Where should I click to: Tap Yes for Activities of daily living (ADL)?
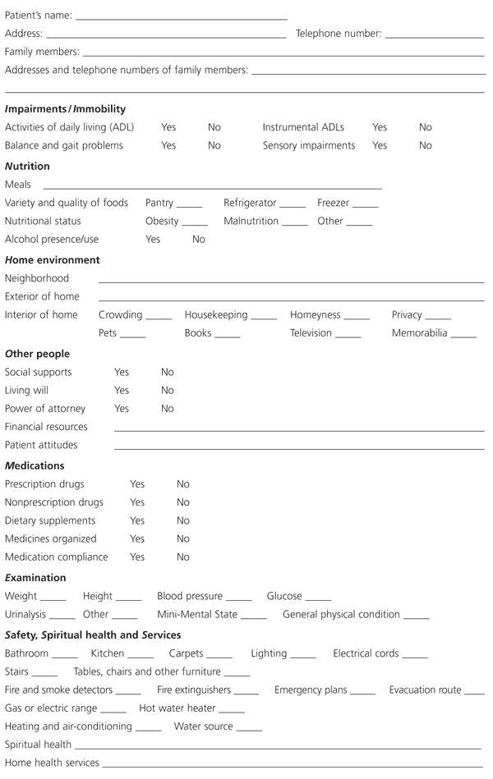tap(168, 128)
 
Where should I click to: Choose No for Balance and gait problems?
tap(214, 146)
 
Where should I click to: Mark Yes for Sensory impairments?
tap(380, 146)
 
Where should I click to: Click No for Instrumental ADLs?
tap(426, 128)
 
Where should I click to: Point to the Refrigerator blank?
tap(292, 205)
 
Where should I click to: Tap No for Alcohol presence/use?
tap(199, 240)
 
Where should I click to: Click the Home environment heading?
tap(53, 260)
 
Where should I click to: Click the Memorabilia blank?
tap(463, 336)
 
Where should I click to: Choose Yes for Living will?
tap(122, 391)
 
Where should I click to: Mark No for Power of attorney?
tap(168, 409)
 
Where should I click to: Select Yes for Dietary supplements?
tap(137, 521)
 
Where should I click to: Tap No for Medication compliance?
tap(183, 557)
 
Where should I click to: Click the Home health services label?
tap(52, 763)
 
